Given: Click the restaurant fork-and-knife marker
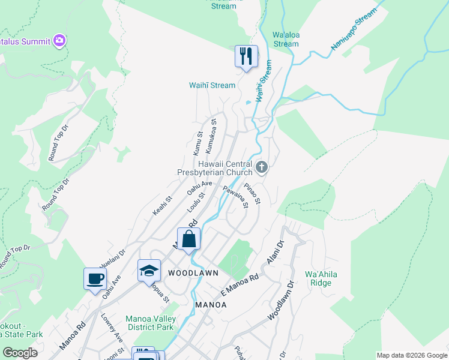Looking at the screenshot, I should pos(246,56).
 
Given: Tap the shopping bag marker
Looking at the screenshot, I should pos(188,239).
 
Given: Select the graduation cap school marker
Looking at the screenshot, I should pos(149,271).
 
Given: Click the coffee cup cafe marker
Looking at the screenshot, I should pos(95,279).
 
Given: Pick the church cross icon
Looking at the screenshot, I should pos(261,167).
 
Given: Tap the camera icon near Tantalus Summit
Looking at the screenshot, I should pos(59,41).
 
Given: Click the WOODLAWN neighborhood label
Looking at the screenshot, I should pos(192,272).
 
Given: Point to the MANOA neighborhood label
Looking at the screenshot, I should pos(211,305).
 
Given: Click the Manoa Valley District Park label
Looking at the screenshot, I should pos(149,323).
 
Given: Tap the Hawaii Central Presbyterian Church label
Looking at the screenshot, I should pos(222,168).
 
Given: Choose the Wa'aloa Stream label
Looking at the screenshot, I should pos(285,40).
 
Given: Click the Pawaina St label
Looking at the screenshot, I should pos(235,197).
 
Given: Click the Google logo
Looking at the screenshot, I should pos(20,353).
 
